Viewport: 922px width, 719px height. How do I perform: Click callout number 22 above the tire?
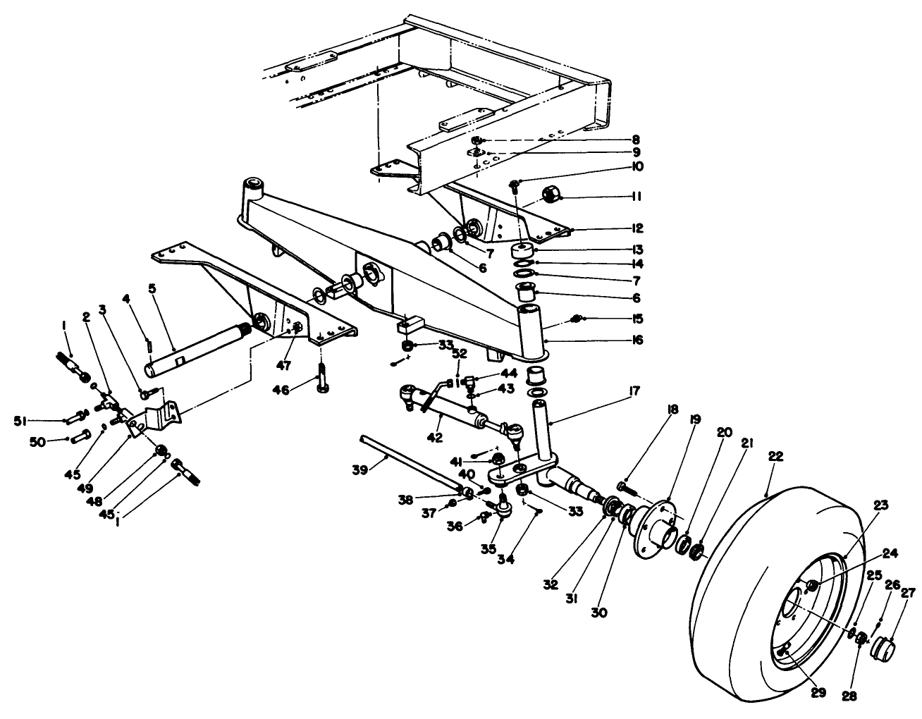click(775, 457)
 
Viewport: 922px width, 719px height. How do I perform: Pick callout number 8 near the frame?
click(636, 140)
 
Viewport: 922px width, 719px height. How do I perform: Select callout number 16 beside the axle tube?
click(636, 339)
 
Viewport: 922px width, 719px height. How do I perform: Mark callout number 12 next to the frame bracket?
click(636, 228)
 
